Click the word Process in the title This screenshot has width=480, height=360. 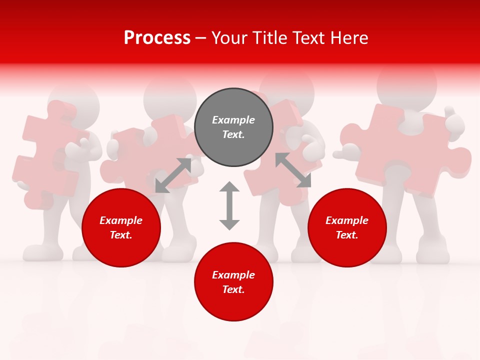coord(157,38)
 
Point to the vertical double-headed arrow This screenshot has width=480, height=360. coord(229,205)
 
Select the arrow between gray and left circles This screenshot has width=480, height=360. coord(173,175)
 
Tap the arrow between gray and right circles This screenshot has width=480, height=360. coord(293,170)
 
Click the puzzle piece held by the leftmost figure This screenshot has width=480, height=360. coord(47,150)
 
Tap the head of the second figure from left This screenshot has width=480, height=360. coord(170,95)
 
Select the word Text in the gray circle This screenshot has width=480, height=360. coord(233,134)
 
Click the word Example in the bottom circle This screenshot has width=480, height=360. coord(233,275)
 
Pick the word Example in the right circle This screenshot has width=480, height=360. coord(346,220)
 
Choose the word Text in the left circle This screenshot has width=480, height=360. coord(121,235)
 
